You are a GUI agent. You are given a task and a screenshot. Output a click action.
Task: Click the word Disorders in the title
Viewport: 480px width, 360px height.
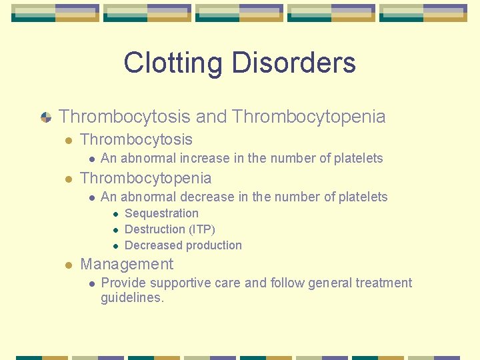(293, 63)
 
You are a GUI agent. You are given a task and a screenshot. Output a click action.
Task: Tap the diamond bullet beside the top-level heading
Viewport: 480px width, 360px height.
(46, 117)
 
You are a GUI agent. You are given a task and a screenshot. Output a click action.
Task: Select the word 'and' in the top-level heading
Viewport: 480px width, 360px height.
(211, 117)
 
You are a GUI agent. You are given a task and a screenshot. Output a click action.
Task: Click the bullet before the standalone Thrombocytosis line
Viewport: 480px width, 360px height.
(68, 140)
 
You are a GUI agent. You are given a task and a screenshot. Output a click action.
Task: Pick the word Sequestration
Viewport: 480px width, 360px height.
(161, 213)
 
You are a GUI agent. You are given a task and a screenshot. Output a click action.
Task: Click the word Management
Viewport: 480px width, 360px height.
(126, 265)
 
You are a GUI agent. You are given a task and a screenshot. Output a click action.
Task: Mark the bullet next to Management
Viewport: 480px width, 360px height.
(68, 265)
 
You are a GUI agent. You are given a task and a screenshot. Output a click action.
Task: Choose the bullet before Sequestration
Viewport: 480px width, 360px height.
(115, 214)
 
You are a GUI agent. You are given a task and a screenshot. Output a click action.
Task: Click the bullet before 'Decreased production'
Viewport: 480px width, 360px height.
(115, 246)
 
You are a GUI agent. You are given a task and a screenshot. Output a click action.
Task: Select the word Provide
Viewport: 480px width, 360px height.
(122, 283)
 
